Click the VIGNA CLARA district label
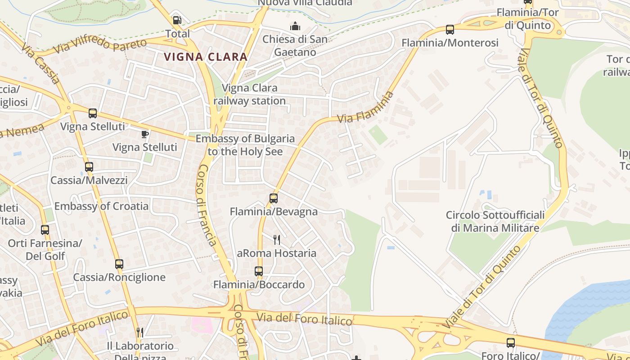coord(206,57)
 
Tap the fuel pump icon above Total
coord(177,20)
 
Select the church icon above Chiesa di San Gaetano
coord(295,26)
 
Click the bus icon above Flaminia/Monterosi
coord(450,30)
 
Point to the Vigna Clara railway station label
coord(250,94)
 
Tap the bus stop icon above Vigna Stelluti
coord(93,113)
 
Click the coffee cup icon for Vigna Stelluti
coord(144,134)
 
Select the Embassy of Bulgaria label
coord(245,145)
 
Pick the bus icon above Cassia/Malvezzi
coord(89,167)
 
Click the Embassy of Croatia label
coord(101,206)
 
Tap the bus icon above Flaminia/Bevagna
coord(274,198)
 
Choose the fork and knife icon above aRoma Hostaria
coord(277,239)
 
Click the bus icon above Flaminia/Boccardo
coord(259,271)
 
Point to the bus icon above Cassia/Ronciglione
coord(119,264)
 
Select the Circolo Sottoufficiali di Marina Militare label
coord(495,221)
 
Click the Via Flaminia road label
coord(365,108)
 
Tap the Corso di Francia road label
coord(207,205)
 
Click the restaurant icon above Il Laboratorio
coord(140,333)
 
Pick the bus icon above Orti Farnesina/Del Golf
coord(45,230)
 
